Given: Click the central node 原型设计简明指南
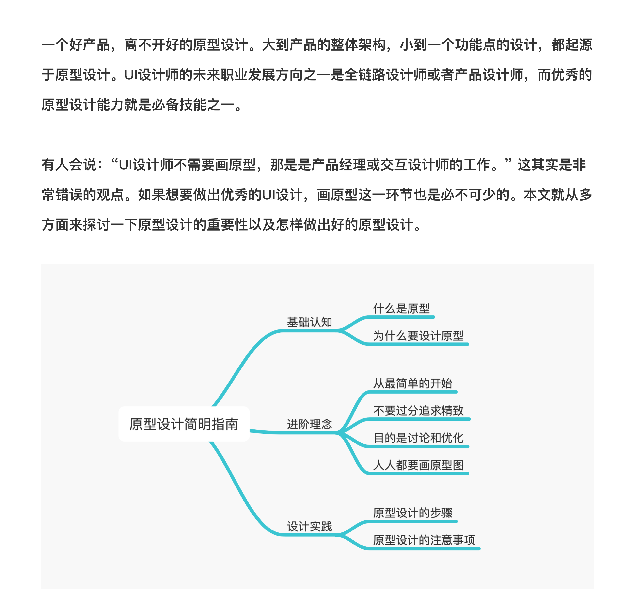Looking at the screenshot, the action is [x=184, y=424].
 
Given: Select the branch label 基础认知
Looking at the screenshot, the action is [x=309, y=322].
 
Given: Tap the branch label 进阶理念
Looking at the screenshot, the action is [x=309, y=424].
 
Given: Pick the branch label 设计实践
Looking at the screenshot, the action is [x=309, y=526].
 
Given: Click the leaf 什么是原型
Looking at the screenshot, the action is [x=401, y=308].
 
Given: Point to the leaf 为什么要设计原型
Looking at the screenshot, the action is [x=418, y=336].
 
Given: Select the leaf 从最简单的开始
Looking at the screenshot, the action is [x=413, y=383].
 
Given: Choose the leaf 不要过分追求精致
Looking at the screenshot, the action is [x=418, y=411].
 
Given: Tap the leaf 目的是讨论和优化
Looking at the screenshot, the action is [x=418, y=438].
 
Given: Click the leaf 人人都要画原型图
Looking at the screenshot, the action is [x=418, y=465].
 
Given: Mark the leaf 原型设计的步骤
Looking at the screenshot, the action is [x=413, y=513].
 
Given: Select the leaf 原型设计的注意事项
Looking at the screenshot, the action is [x=424, y=540].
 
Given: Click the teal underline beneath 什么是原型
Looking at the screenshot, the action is [x=401, y=317].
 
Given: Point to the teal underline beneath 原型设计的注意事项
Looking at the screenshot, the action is [x=424, y=548].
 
